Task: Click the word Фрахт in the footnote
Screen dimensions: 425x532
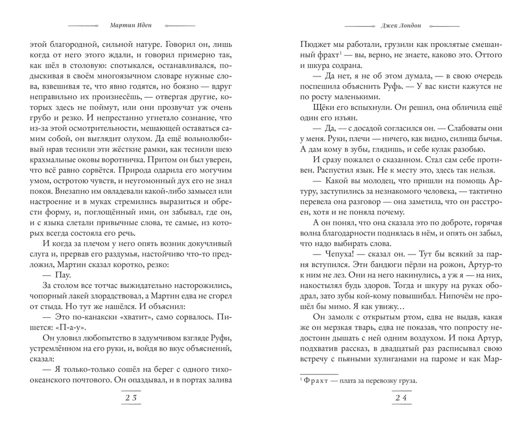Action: coord(315,380)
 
